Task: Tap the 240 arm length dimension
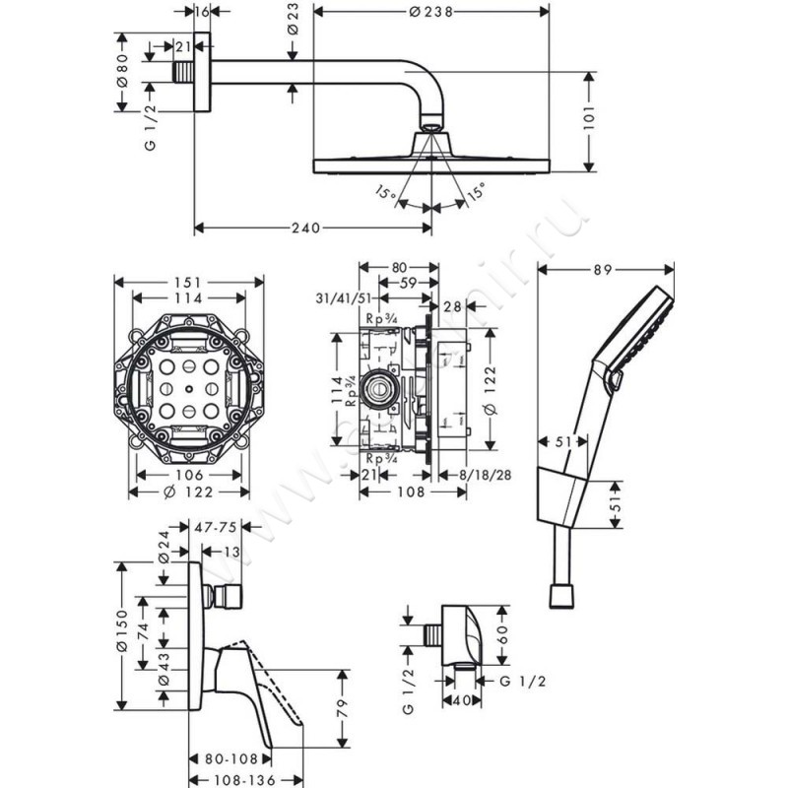[305, 229]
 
